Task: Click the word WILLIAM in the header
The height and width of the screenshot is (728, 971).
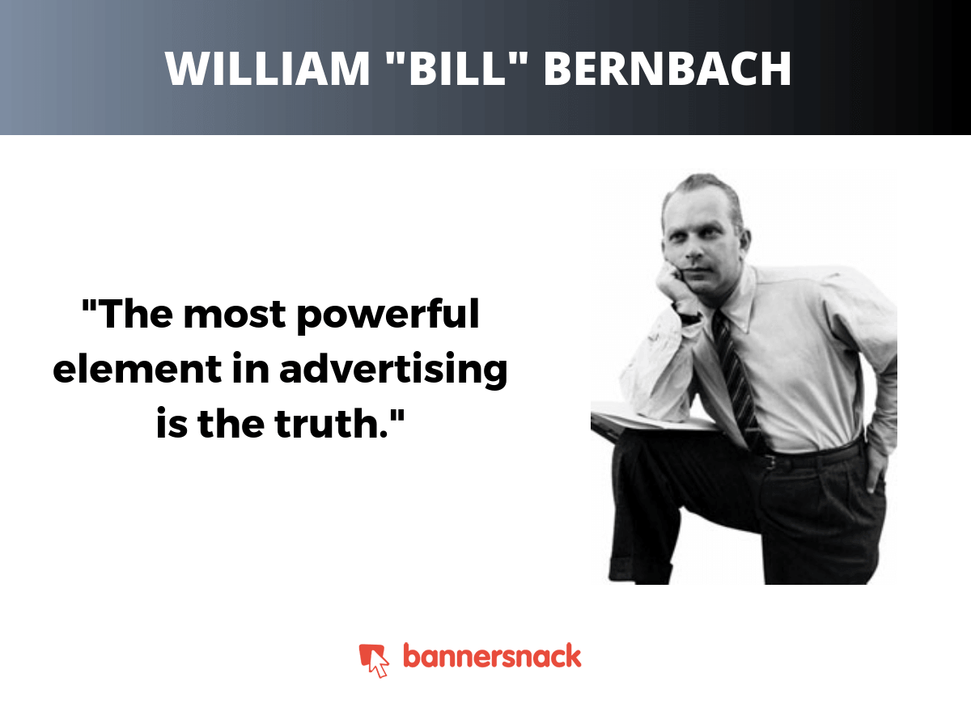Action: pyautogui.click(x=268, y=69)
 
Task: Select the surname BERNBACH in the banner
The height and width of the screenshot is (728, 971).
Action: pyautogui.click(x=667, y=69)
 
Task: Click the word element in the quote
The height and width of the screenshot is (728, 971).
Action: pyautogui.click(x=137, y=369)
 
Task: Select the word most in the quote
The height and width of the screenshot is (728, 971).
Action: pyautogui.click(x=235, y=315)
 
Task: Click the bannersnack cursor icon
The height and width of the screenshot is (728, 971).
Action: pyautogui.click(x=374, y=660)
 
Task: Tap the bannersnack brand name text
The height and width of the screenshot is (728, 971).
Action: pyautogui.click(x=492, y=656)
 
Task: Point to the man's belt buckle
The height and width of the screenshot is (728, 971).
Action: pyautogui.click(x=770, y=462)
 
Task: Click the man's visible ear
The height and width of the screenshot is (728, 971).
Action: pyautogui.click(x=744, y=242)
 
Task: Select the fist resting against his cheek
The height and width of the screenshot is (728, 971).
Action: pyautogui.click(x=670, y=283)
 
